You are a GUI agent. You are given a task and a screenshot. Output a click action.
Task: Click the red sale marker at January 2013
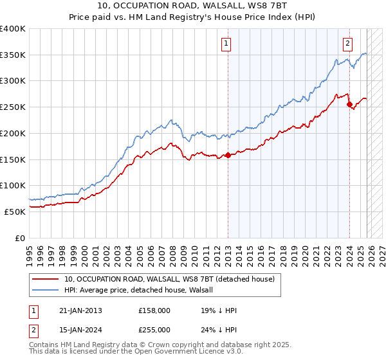pyautogui.click(x=228, y=155)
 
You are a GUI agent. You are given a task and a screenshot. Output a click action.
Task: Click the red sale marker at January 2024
pyautogui.click(x=349, y=104)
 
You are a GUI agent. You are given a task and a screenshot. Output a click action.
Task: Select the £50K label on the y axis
pyautogui.click(x=15, y=212)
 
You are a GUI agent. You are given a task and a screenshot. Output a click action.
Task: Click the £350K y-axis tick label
pyautogui.click(x=13, y=55)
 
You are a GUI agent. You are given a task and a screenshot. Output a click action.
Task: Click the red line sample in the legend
pyautogui.click(x=46, y=279)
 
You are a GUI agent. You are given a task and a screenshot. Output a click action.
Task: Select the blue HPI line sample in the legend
pyautogui.click(x=46, y=290)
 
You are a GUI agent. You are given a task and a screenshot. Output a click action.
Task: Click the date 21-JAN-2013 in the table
pyautogui.click(x=80, y=310)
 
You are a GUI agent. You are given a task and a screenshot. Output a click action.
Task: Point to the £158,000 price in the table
pyautogui.click(x=154, y=310)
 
